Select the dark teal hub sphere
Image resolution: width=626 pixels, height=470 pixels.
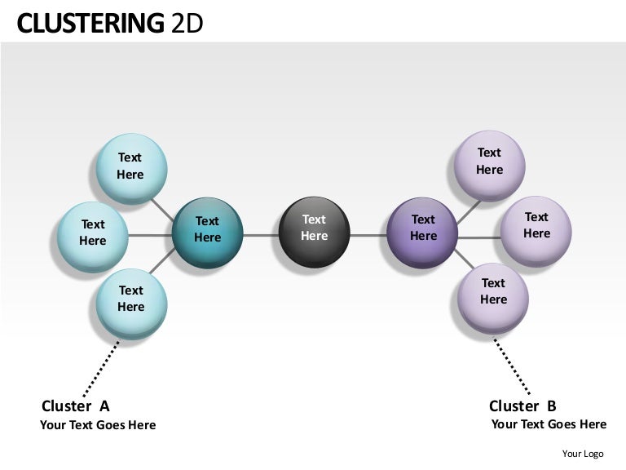(208, 233)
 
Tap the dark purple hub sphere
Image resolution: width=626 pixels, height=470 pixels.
(422, 232)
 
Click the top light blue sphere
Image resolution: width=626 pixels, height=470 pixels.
(131, 168)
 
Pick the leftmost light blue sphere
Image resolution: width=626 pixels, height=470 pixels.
(92, 236)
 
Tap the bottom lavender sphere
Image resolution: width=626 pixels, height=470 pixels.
(492, 295)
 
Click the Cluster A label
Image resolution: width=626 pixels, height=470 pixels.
(75, 406)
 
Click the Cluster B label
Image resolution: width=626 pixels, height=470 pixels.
(522, 406)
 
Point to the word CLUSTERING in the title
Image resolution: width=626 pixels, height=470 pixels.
(90, 24)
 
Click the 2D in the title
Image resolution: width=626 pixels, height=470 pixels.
(187, 24)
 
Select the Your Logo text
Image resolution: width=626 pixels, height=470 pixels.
(583, 454)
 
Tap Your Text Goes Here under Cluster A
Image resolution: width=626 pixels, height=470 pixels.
(98, 425)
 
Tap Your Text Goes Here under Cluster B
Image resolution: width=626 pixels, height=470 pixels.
(549, 424)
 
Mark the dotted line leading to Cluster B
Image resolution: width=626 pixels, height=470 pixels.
(513, 367)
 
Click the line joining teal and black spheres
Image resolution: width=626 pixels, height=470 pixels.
(261, 235)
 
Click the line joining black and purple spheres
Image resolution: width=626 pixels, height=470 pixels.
(368, 235)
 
